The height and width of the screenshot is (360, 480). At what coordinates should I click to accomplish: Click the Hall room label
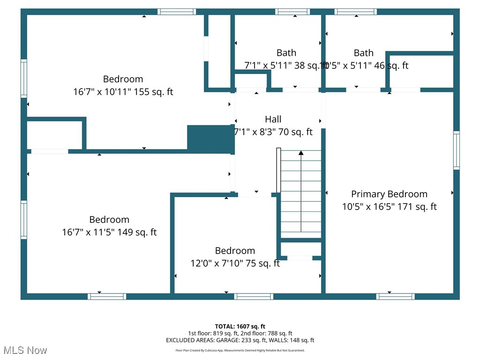(273, 119)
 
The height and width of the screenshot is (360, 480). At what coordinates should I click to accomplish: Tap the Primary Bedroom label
(389, 194)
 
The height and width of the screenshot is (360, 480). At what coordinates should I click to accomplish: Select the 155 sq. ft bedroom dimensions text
(123, 92)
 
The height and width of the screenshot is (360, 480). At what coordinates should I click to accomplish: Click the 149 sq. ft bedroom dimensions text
(109, 232)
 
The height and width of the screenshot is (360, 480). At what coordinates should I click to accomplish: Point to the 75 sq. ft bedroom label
(235, 251)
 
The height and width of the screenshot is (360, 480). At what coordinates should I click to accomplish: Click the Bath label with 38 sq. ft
(286, 53)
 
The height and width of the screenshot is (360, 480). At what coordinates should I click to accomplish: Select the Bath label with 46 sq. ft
(364, 53)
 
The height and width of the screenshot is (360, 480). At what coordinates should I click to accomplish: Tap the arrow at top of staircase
(301, 152)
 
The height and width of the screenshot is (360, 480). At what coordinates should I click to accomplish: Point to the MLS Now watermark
(25, 350)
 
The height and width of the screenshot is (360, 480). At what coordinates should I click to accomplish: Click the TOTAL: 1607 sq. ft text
(240, 326)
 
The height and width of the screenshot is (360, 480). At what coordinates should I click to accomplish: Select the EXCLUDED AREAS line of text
(240, 340)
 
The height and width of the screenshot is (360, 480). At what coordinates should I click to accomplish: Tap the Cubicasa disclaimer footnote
(240, 350)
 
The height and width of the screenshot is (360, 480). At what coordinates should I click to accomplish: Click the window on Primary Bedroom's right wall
(456, 150)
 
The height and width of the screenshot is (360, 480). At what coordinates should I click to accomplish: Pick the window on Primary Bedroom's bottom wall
(395, 296)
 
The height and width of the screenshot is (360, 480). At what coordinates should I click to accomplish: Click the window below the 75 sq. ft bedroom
(254, 296)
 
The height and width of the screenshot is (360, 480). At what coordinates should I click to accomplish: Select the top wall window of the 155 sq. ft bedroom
(176, 12)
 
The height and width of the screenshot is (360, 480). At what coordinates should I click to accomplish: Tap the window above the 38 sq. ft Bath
(292, 12)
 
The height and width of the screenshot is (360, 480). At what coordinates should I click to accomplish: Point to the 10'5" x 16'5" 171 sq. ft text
(389, 207)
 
